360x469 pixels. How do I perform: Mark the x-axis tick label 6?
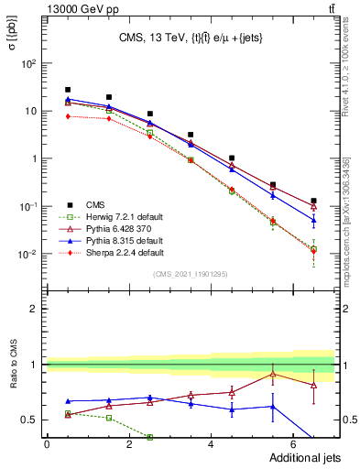point(293,443)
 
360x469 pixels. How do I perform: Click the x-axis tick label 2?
point(129,443)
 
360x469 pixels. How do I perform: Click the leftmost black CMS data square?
point(68,90)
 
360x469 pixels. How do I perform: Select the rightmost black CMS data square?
point(313,201)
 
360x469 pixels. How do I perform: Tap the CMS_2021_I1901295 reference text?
point(190,274)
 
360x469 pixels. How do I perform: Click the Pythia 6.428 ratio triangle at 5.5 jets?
point(272,374)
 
